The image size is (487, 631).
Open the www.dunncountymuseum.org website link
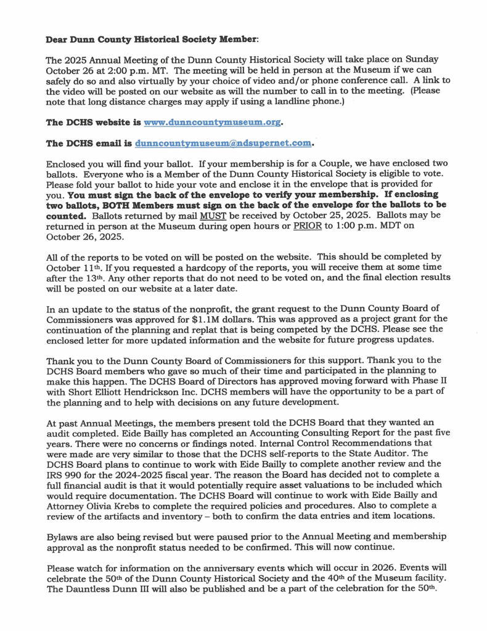(211, 123)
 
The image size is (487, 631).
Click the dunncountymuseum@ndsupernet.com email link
(223, 144)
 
